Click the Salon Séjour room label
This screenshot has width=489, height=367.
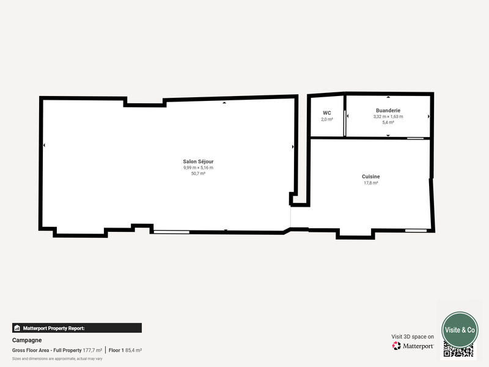(x=198, y=161)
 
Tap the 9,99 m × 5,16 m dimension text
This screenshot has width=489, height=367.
(x=198, y=168)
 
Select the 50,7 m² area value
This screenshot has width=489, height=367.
(x=198, y=174)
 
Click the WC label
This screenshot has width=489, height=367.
(x=327, y=113)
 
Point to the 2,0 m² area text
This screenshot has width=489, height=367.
(x=327, y=119)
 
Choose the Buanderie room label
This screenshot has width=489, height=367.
(x=388, y=110)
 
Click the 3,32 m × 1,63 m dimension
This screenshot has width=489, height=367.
(x=388, y=116)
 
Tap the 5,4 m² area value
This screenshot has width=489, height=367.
(x=388, y=122)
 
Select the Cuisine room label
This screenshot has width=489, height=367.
(x=371, y=176)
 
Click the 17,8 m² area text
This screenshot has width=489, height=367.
(x=371, y=182)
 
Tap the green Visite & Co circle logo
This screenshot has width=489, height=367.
(x=460, y=330)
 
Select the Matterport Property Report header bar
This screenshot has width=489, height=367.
(x=77, y=328)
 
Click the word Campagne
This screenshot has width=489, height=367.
(x=27, y=340)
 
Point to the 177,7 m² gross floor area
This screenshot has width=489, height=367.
(x=92, y=350)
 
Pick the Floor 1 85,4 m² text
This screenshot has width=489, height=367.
(x=125, y=350)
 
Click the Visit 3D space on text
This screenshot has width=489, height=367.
(x=413, y=336)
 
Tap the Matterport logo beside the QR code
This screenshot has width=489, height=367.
(x=413, y=346)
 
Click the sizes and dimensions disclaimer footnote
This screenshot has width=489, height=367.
(x=57, y=358)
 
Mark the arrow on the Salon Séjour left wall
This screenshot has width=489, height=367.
(x=44, y=145)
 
